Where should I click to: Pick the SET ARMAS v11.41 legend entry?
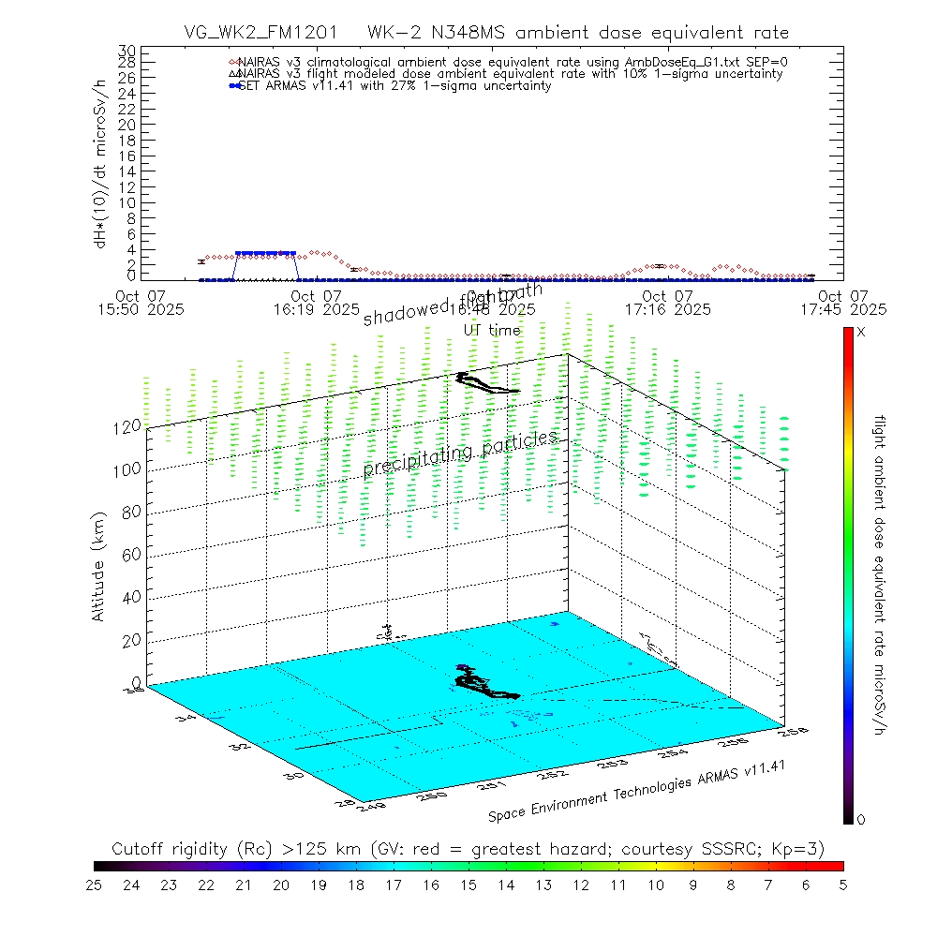pos(394,85)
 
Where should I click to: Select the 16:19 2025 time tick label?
pos(317,308)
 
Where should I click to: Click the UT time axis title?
pos(492,330)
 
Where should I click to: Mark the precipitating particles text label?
pos(461,454)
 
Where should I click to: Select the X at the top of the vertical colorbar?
pos(861,333)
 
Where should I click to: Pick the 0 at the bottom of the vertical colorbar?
pos(861,820)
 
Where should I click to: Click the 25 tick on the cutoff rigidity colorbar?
pos(94,884)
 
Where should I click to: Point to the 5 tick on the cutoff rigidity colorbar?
pos(842,884)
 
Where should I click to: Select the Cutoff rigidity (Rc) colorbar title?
pos(468,849)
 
